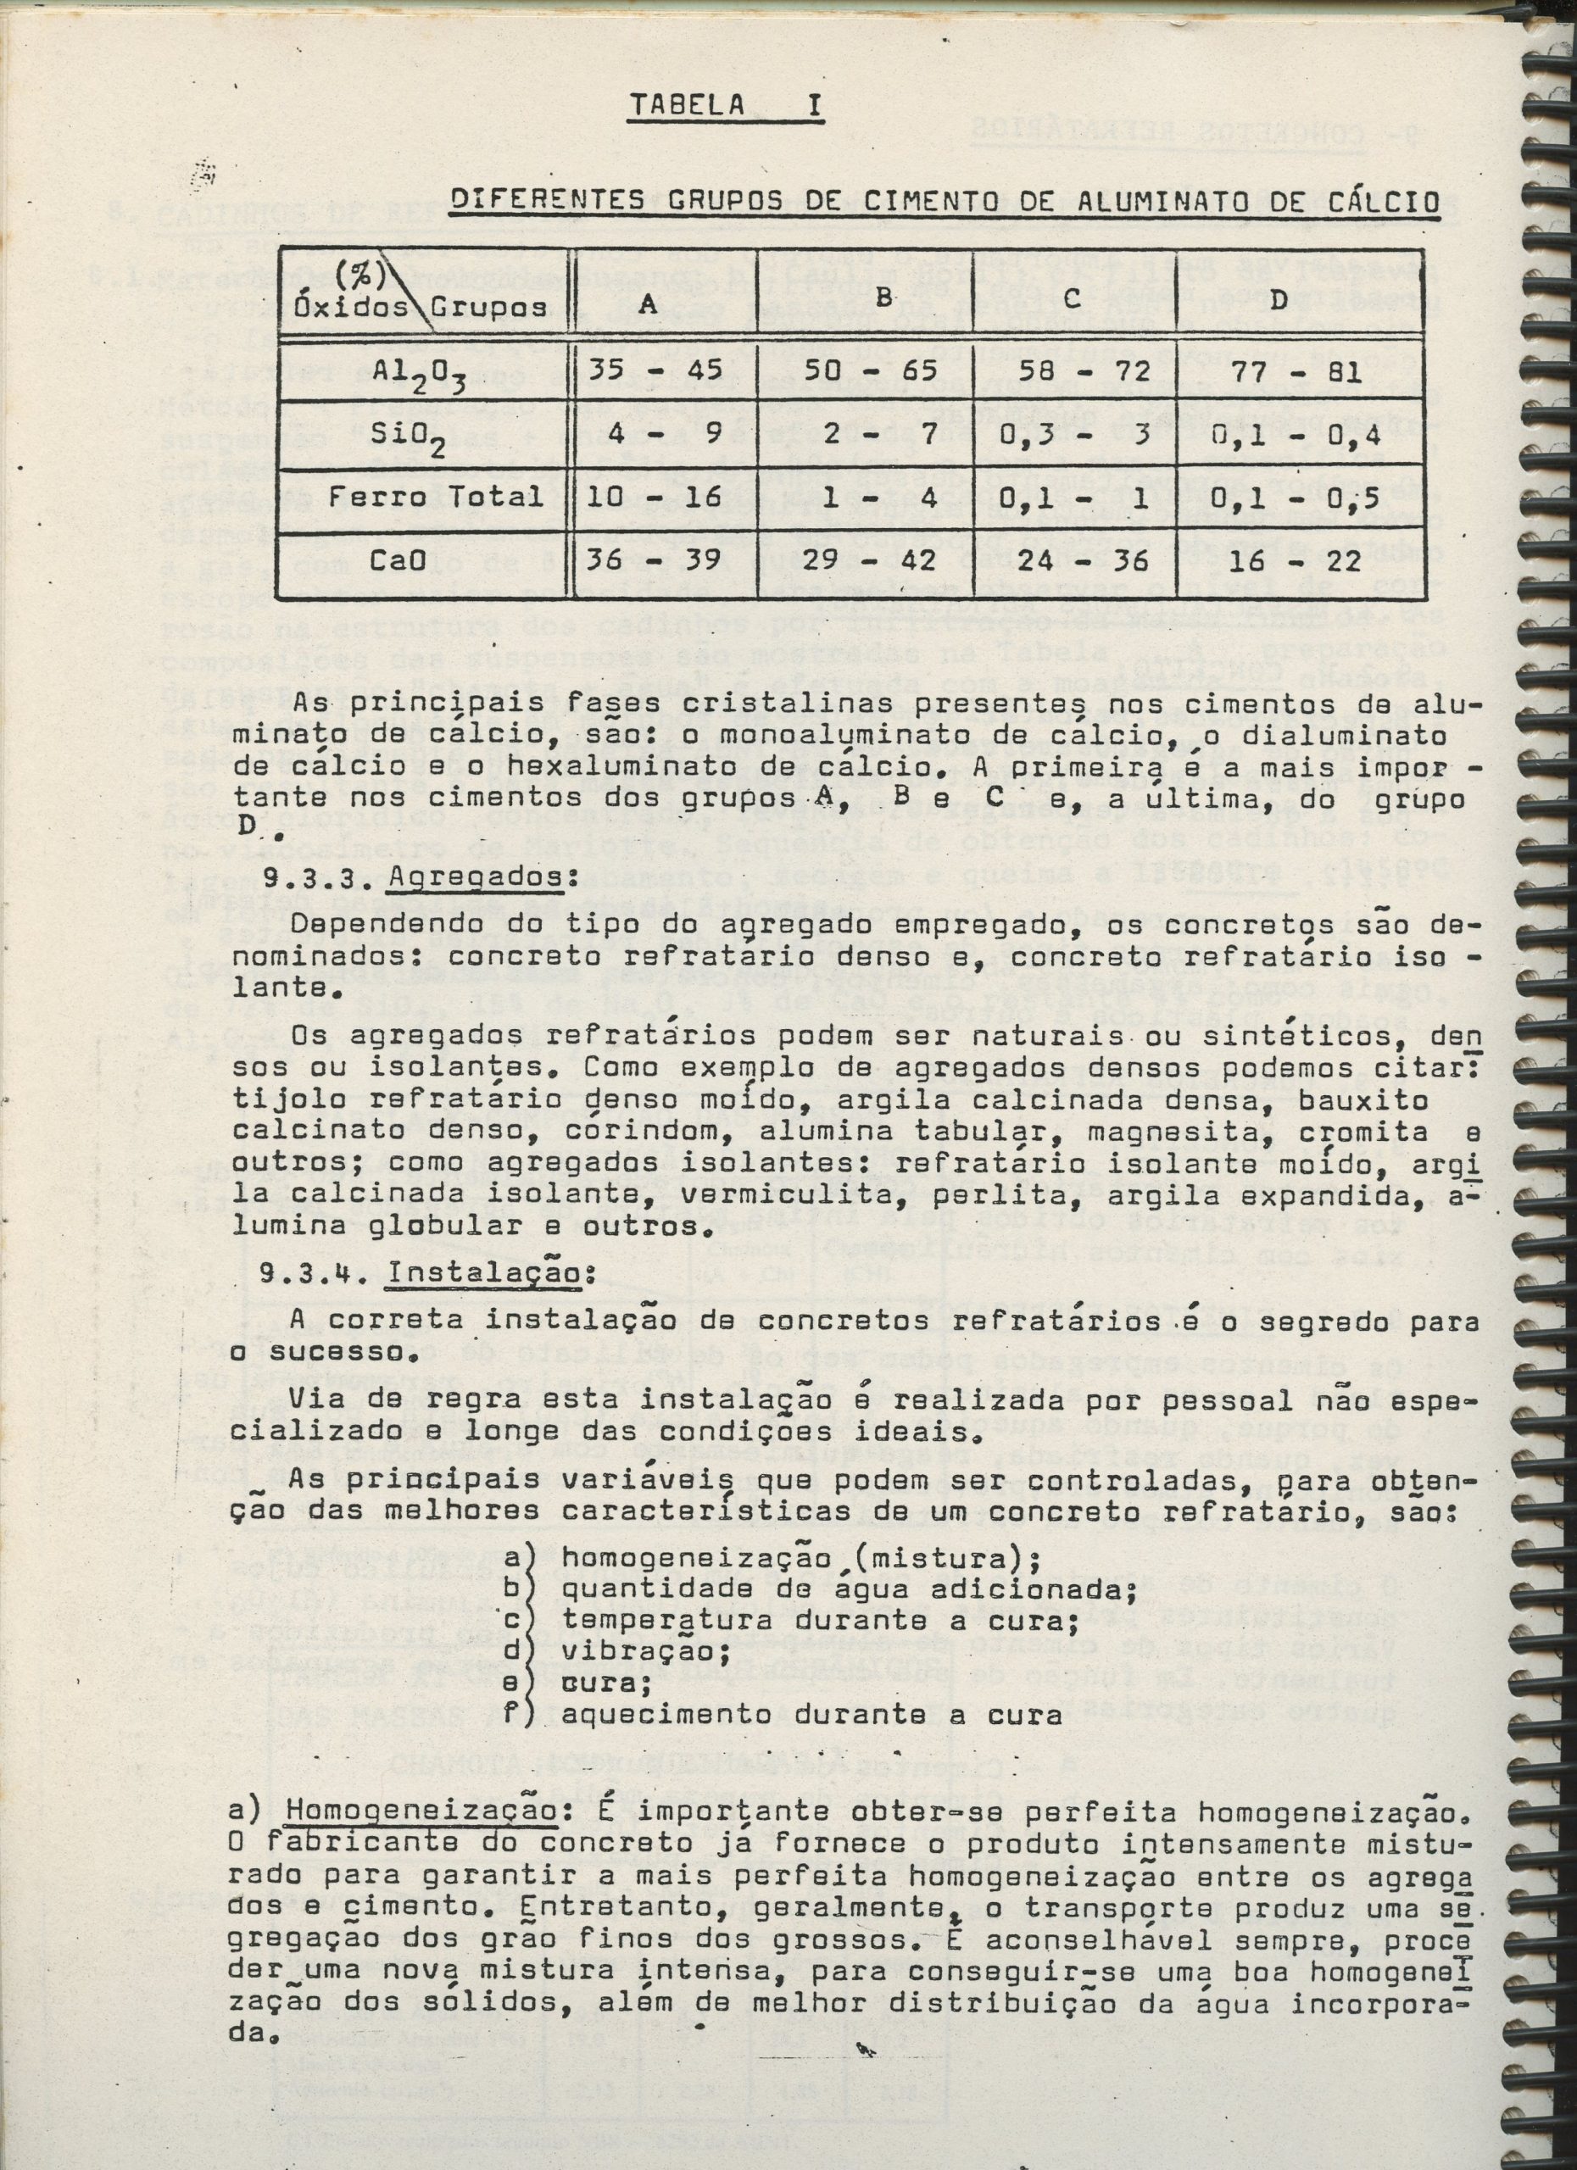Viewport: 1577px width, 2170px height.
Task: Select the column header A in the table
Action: [x=647, y=304]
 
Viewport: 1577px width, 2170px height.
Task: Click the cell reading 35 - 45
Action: [x=655, y=371]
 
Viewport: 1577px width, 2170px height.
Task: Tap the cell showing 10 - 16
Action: [x=655, y=498]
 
